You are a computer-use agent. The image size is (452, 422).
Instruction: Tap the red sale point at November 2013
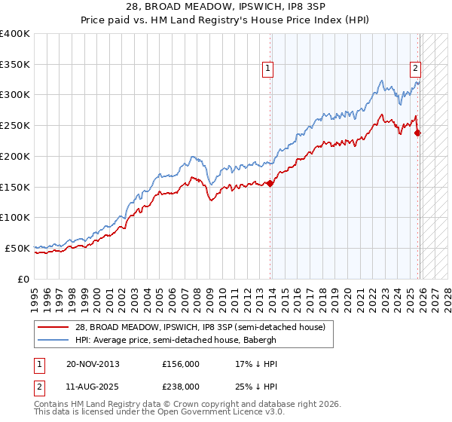[270, 183]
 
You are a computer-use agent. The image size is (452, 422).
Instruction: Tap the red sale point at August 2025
[418, 133]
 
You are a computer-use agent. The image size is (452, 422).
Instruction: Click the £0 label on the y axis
[23, 279]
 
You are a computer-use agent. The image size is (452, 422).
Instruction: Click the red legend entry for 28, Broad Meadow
[200, 327]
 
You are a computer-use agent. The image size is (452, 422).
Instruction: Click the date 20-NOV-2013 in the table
[93, 364]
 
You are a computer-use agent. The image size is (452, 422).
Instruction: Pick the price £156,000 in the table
[181, 364]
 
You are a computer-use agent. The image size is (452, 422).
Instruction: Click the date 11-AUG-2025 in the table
[93, 386]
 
